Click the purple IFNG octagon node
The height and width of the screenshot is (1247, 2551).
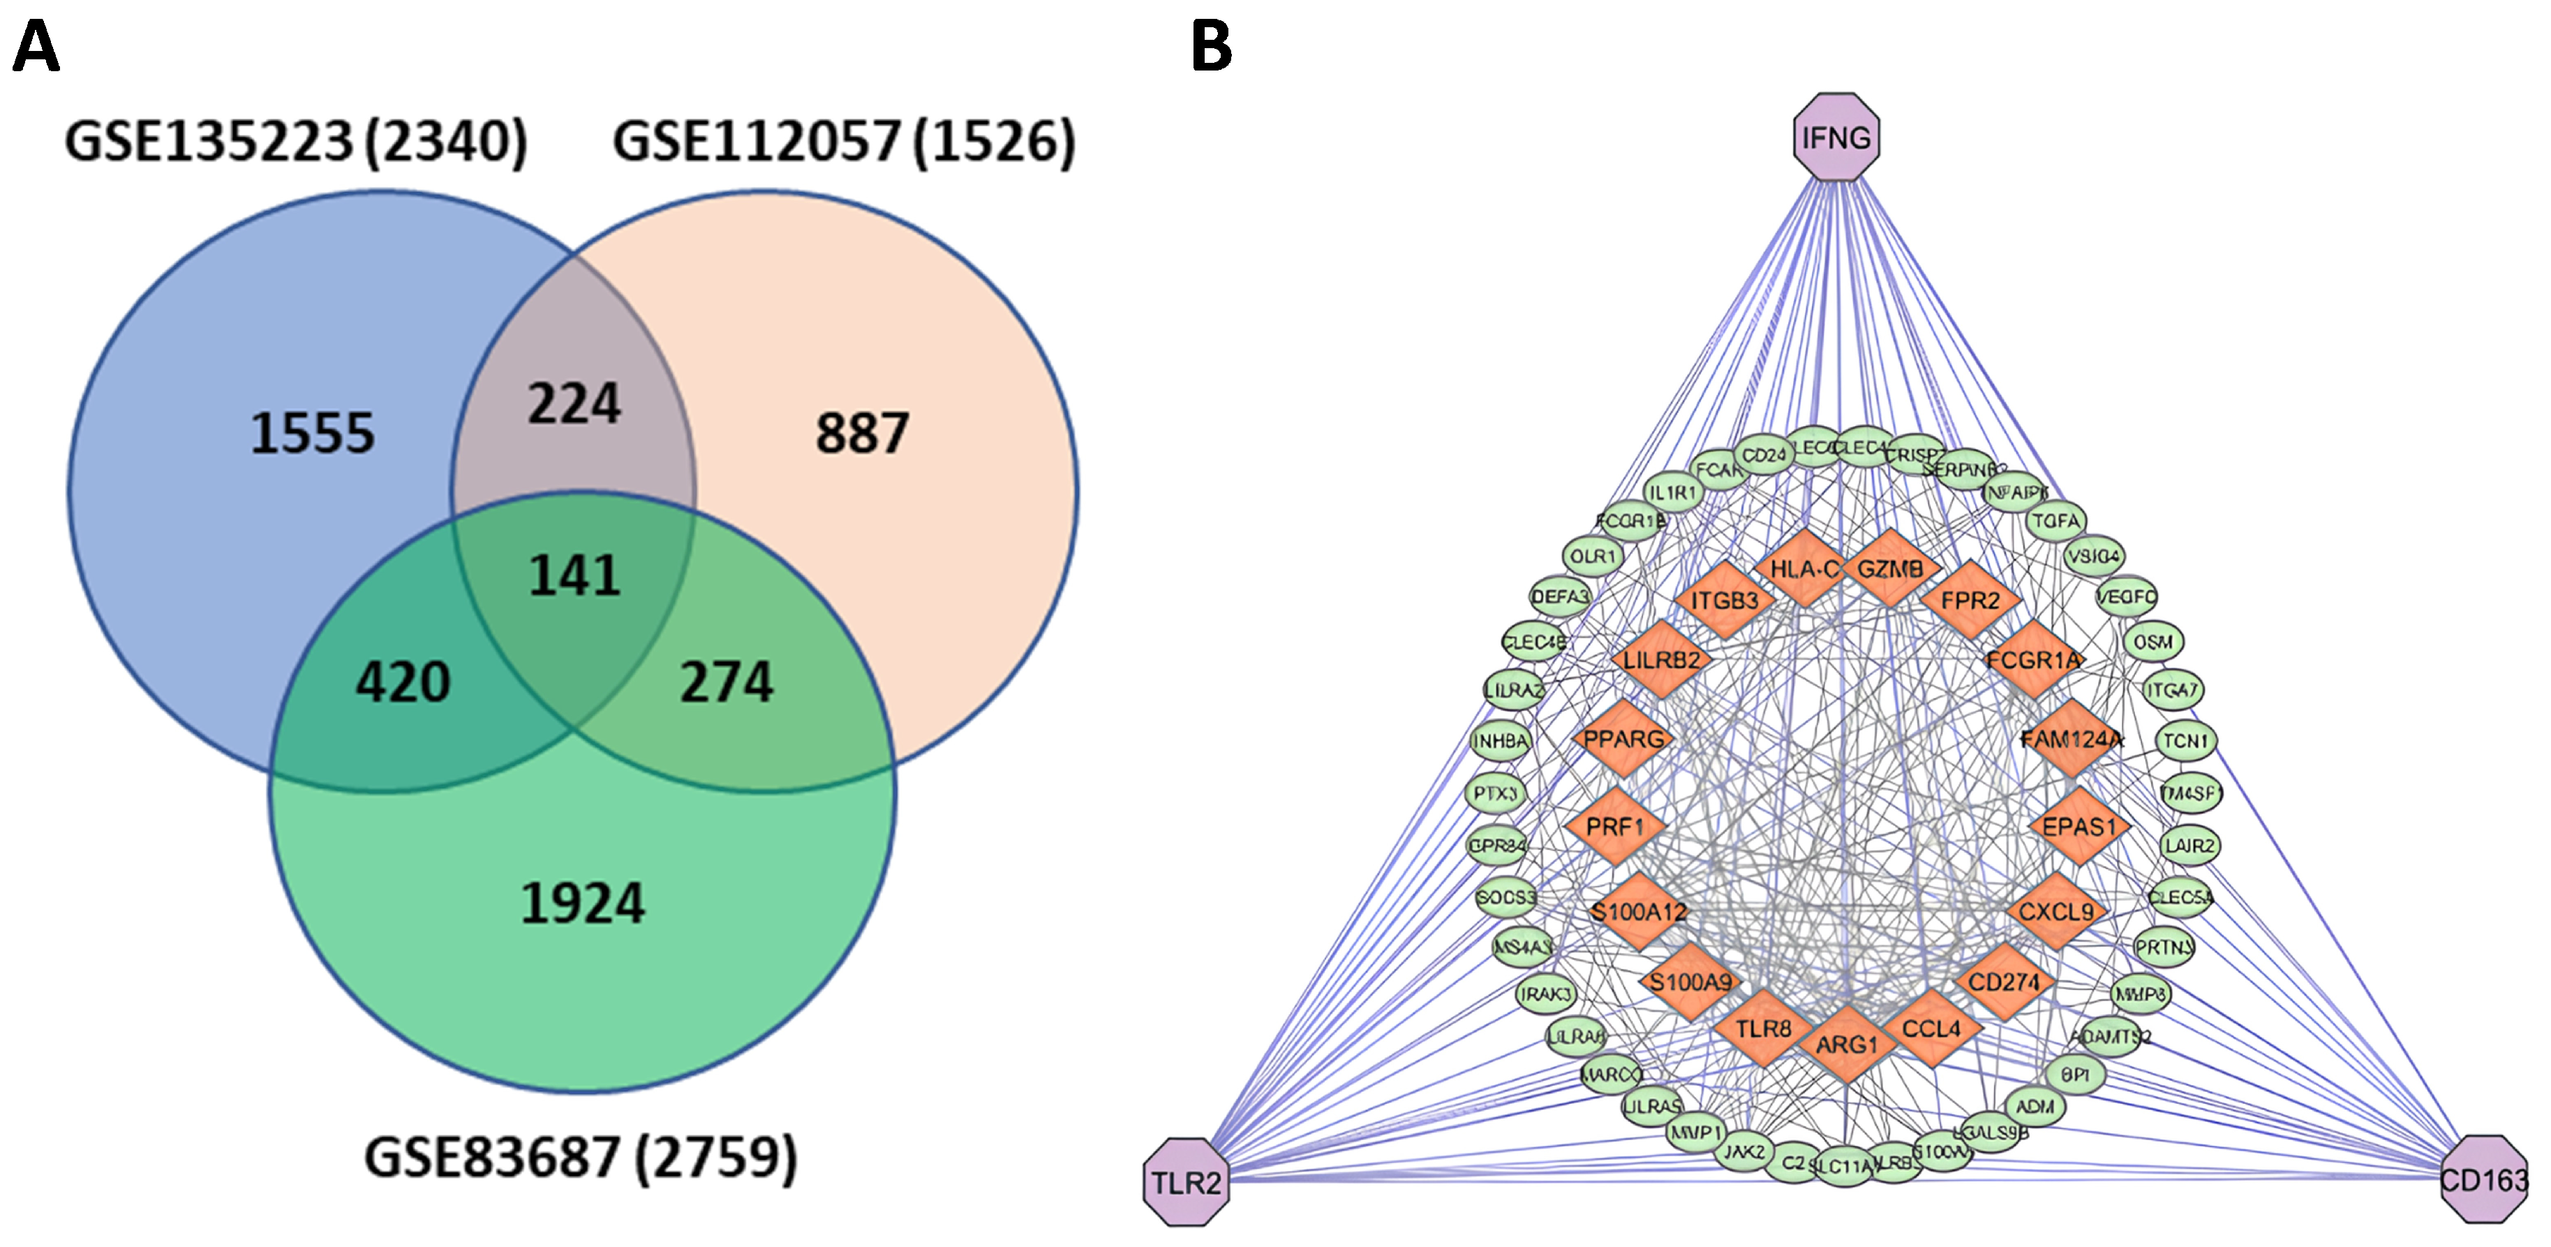(1836, 138)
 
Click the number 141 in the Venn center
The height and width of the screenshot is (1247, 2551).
(574, 575)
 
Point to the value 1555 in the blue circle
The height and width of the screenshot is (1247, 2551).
(312, 433)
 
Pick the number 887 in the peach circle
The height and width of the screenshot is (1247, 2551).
(861, 433)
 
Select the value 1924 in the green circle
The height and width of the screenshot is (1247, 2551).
(582, 903)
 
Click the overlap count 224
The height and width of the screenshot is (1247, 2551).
(574, 404)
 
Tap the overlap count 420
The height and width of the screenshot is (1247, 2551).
(403, 682)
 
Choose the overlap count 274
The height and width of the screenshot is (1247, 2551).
(726, 682)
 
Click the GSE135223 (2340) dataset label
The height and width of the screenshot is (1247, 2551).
(295, 142)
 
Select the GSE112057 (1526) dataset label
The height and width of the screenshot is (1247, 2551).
(844, 142)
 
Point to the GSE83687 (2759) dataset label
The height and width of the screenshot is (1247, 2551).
(580, 1157)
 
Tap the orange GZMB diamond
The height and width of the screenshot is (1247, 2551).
(1889, 568)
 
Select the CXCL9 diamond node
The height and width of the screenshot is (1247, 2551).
(2056, 911)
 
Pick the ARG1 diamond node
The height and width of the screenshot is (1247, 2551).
(1846, 1044)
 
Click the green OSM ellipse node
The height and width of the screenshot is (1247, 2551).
(2153, 642)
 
